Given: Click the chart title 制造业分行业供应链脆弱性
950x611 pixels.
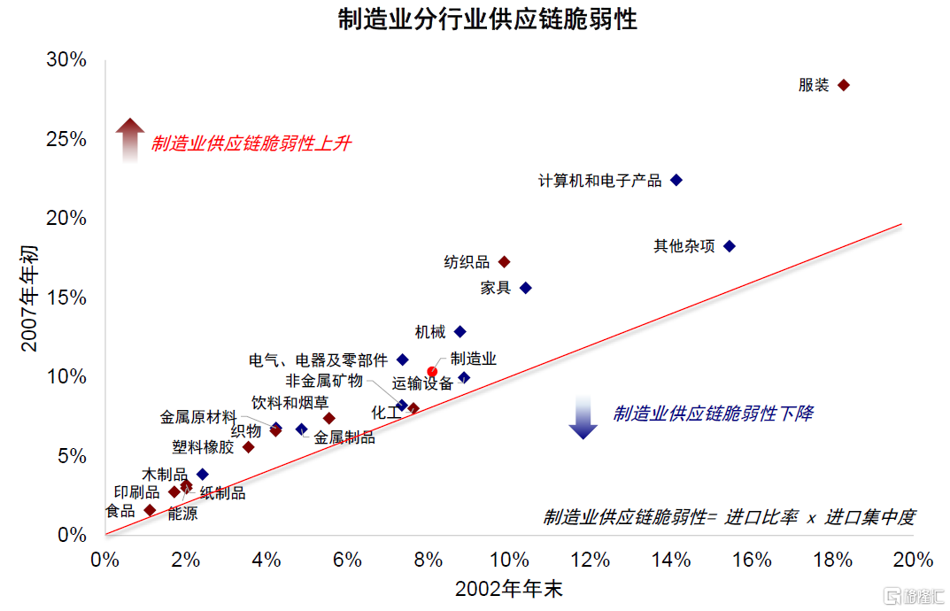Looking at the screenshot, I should (x=487, y=19).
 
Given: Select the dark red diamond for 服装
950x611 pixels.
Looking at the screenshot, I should (x=844, y=85).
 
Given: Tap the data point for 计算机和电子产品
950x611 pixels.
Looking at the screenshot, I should (x=676, y=180).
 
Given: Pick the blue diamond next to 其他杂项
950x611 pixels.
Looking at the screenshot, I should (x=730, y=246).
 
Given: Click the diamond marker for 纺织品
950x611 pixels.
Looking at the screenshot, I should (x=505, y=262).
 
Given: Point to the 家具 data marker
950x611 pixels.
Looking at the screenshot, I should (x=525, y=288).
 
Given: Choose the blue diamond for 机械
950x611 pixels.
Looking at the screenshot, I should (x=460, y=332).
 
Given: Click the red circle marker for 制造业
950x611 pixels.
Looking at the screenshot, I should (x=432, y=371).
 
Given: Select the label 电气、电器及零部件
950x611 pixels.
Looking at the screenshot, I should (x=318, y=360).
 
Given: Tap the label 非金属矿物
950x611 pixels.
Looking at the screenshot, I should (x=324, y=381).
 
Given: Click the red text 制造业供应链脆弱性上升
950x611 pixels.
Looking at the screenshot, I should (x=251, y=143).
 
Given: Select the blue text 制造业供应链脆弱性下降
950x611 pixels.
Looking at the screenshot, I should (x=712, y=414).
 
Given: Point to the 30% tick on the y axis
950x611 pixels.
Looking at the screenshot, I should (x=67, y=60).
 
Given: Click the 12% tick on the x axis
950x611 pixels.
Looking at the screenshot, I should (x=591, y=560).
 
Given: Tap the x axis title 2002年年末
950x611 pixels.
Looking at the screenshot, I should (x=509, y=589).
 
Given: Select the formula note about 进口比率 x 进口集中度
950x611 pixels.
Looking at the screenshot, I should (x=729, y=517).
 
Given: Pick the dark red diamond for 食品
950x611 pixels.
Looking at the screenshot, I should (x=150, y=510).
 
